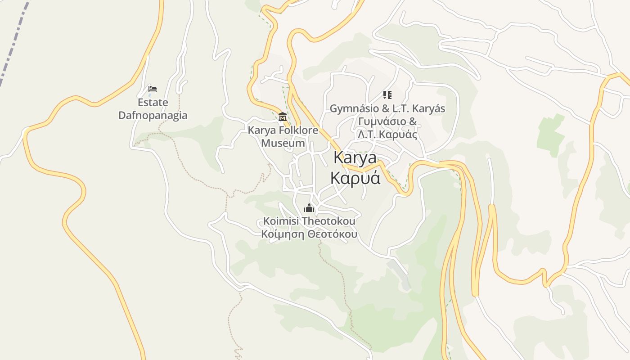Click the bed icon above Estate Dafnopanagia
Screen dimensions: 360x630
[x=153, y=89]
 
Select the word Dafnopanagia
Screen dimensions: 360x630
[x=153, y=115]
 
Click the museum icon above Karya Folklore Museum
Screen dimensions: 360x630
[x=283, y=117]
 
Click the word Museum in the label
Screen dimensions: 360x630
[x=283, y=144]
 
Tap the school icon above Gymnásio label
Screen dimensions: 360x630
[x=387, y=95]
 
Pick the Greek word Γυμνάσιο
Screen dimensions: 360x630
[x=381, y=121]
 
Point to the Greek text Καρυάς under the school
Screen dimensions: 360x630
[x=398, y=135]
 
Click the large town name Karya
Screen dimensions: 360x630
[x=355, y=158]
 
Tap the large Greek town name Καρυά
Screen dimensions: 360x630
[x=355, y=178]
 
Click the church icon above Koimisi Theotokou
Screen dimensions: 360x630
[x=309, y=208]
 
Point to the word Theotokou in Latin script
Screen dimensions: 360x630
[x=329, y=221]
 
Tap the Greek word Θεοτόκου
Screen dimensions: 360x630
[x=333, y=234]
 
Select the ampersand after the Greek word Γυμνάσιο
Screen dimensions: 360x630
[x=413, y=121]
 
